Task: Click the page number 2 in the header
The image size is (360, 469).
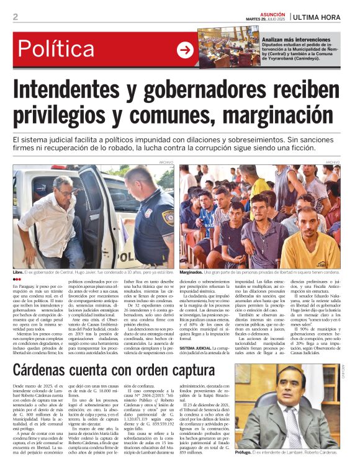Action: pos(16,17)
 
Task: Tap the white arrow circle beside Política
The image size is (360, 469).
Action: pos(185,51)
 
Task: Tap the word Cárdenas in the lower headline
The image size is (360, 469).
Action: pos(49,372)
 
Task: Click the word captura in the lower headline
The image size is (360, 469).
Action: pos(184,372)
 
